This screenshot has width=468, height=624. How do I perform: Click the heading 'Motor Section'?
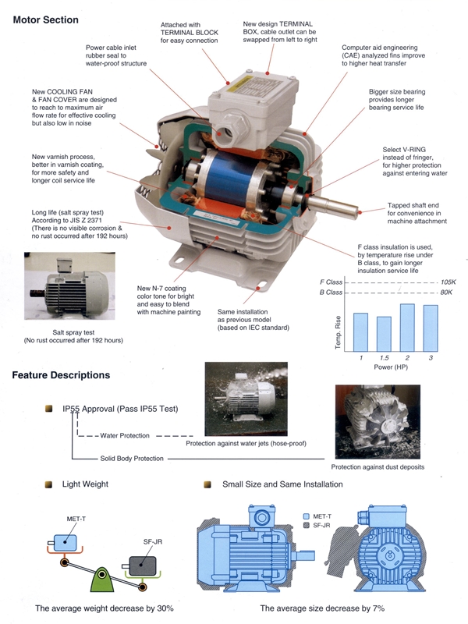(x=45, y=19)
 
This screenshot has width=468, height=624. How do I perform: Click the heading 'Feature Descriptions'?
(x=61, y=375)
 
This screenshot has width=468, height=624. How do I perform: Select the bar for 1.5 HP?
(x=384, y=334)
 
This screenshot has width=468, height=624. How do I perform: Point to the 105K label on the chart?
(x=447, y=282)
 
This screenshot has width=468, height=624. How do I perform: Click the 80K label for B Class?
(x=447, y=292)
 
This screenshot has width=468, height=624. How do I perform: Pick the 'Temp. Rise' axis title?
(x=339, y=332)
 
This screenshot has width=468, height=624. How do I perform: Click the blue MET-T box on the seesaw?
(x=62, y=541)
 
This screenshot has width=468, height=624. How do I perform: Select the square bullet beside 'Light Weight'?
(x=48, y=484)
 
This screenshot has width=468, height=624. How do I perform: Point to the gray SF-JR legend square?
(x=306, y=526)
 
